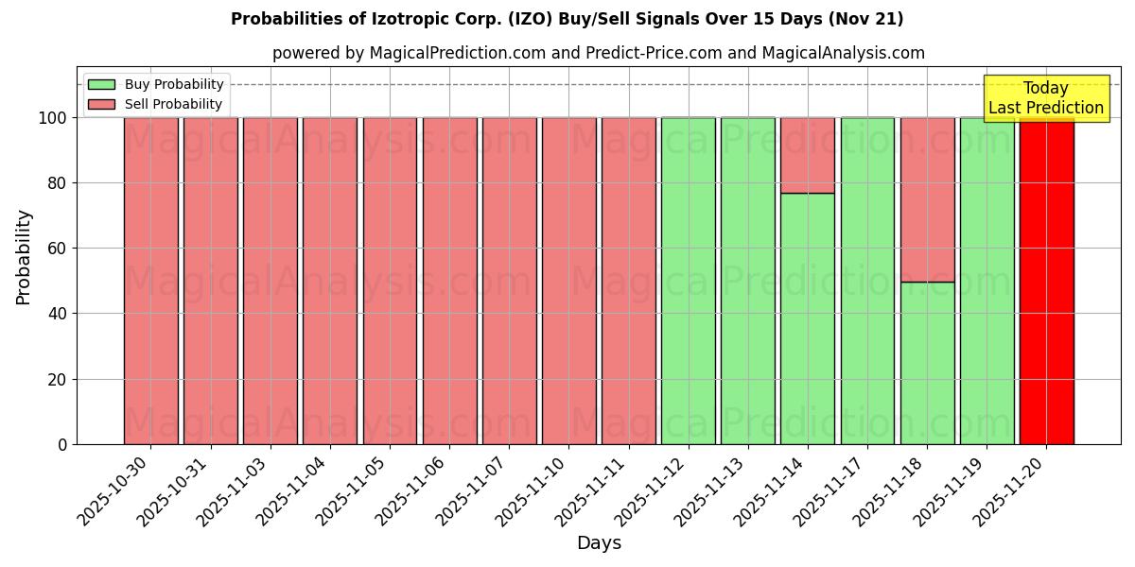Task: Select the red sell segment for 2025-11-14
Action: click(808, 155)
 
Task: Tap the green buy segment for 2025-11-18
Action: click(927, 363)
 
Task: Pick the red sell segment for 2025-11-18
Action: click(927, 199)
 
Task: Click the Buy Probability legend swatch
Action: click(101, 85)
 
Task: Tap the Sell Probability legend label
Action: click(174, 105)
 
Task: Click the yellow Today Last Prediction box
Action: click(1046, 98)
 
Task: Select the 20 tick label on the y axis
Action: click(58, 380)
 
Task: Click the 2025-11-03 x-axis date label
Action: click(233, 491)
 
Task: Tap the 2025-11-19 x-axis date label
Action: click(950, 491)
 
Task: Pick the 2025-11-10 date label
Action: click(532, 491)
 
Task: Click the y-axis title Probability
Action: click(24, 257)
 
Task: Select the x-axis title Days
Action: click(599, 543)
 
